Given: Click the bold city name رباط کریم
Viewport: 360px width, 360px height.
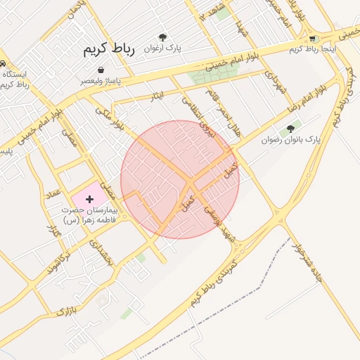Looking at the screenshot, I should pos(108,49).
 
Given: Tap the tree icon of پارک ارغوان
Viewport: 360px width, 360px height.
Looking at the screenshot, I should pos(163,37).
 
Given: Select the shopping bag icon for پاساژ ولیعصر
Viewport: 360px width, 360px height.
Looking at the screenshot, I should pos(103,70).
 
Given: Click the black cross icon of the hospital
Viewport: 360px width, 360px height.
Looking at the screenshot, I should pos(89,200).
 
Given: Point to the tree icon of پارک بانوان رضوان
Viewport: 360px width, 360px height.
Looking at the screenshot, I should pos(290,129).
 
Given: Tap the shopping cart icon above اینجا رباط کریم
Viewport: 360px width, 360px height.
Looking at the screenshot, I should pos(313,39).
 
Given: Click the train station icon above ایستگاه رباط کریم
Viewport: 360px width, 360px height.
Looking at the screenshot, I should pos(3,61).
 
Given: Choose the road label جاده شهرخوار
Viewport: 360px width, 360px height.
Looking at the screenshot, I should pos(309,264).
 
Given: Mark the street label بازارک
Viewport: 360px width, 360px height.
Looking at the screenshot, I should pos(65,311).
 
